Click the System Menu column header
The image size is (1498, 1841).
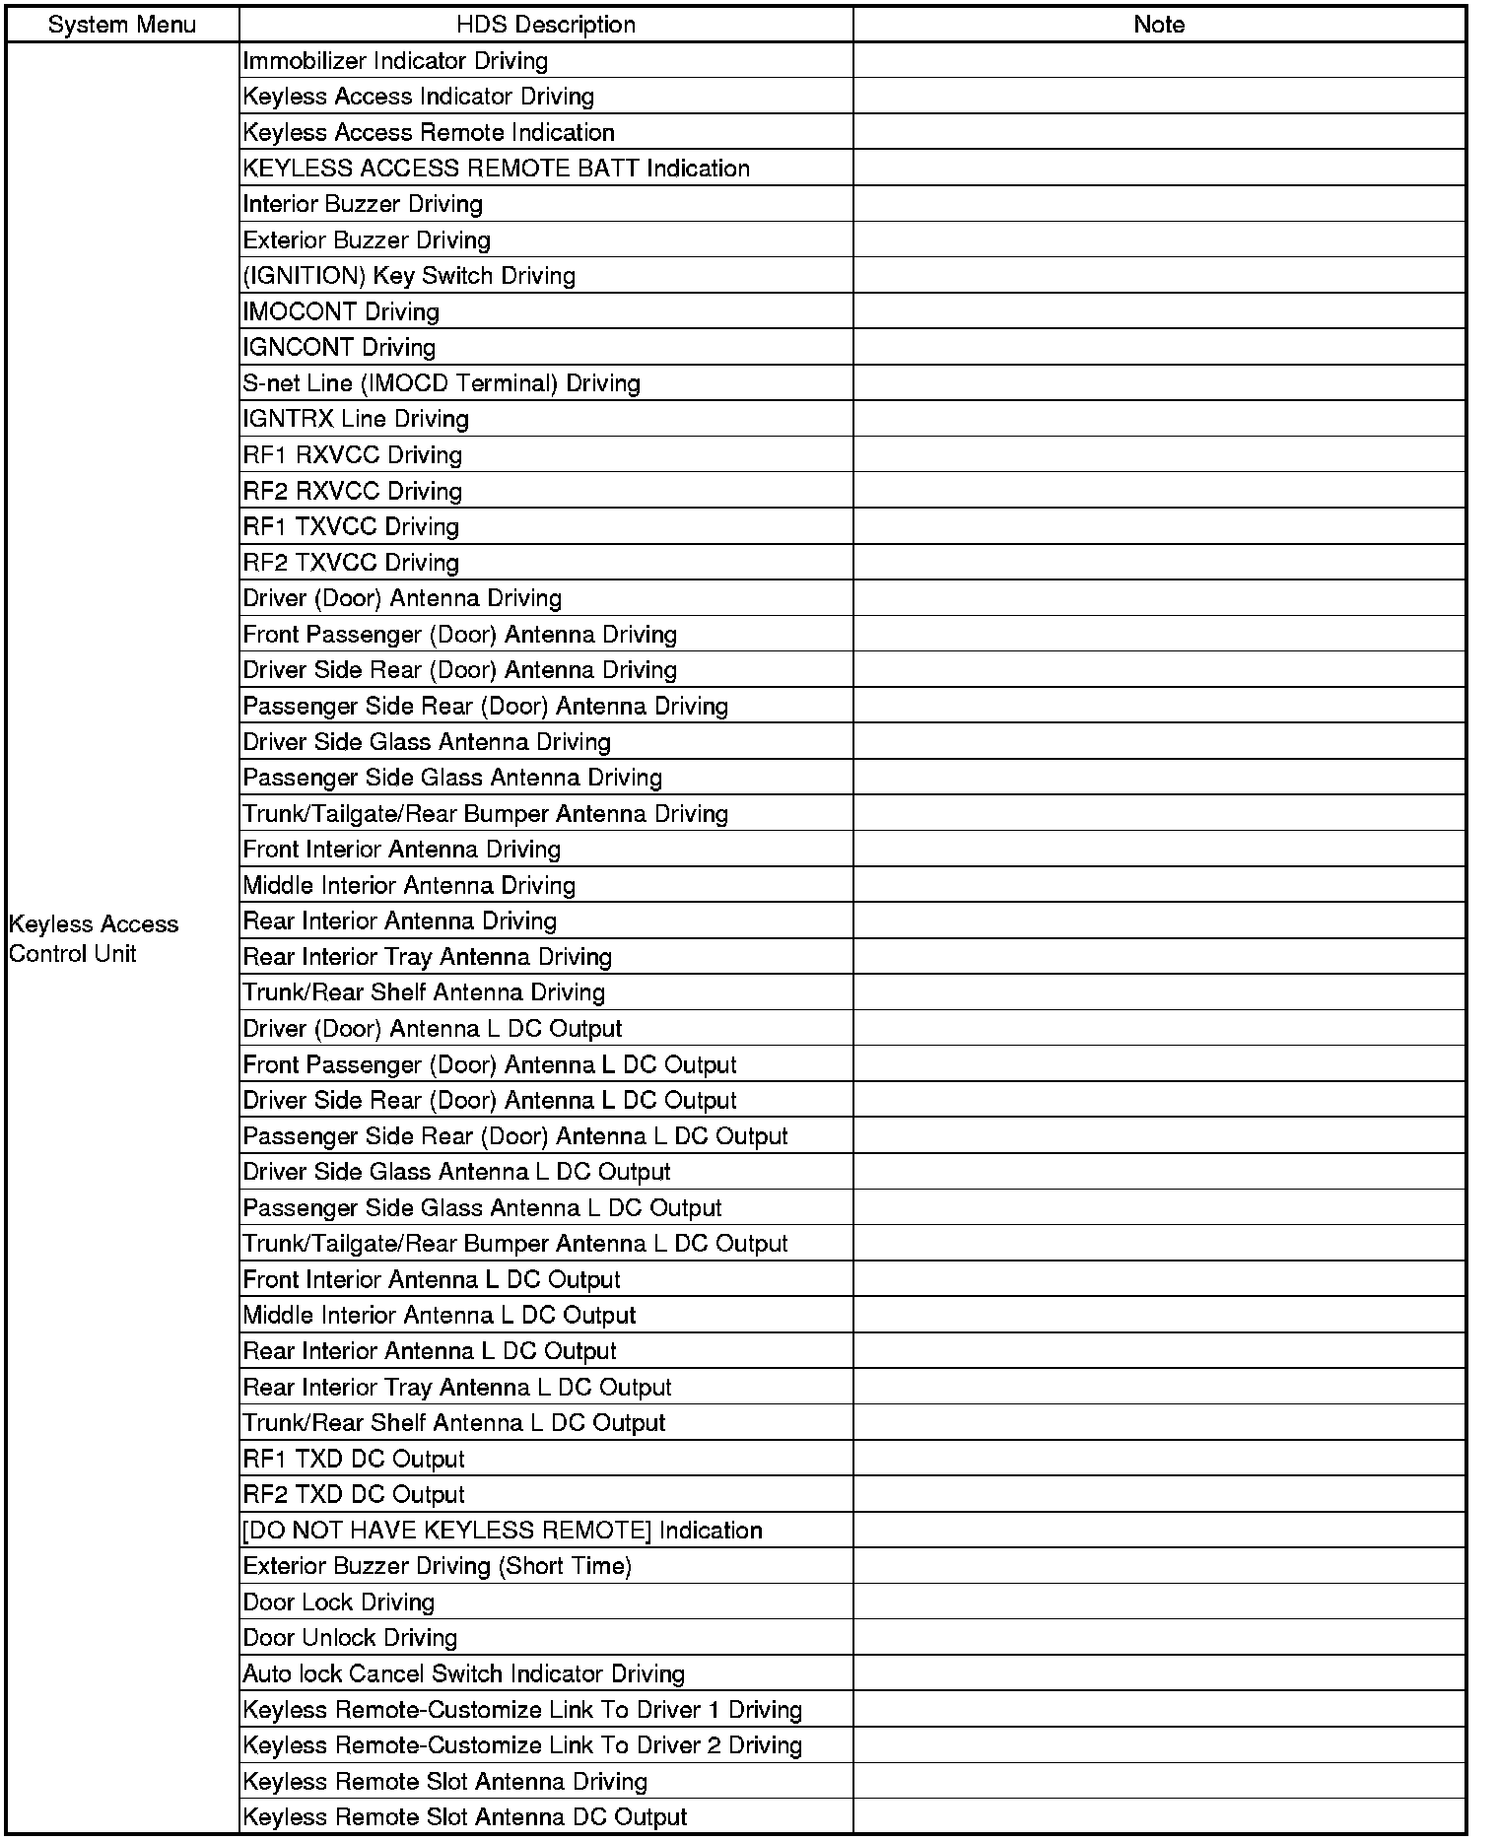(122, 25)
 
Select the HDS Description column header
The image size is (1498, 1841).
(546, 25)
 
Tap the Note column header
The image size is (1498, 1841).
(1159, 25)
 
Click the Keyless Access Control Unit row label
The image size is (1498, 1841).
(94, 938)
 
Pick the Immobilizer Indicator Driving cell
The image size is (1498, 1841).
(395, 61)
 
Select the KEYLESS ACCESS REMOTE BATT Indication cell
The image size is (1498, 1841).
(497, 169)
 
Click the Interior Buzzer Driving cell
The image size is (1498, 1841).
(363, 204)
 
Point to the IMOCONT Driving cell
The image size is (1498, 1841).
(341, 312)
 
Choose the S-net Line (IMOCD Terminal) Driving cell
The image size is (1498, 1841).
(442, 383)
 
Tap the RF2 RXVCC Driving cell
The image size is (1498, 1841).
(353, 491)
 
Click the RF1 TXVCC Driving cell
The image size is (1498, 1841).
(351, 527)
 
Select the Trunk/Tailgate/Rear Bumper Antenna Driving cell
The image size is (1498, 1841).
(486, 814)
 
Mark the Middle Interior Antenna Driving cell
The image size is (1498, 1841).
(409, 885)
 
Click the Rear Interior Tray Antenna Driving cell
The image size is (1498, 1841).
(428, 957)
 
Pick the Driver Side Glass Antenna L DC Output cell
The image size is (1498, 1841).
(456, 1172)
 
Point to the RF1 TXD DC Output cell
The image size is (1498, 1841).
(354, 1459)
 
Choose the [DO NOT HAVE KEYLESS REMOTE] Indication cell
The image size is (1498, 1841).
(503, 1531)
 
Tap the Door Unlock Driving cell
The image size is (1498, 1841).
(350, 1638)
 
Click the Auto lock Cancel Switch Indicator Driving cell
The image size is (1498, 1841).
(463, 1673)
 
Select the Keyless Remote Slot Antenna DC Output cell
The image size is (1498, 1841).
(465, 1817)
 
